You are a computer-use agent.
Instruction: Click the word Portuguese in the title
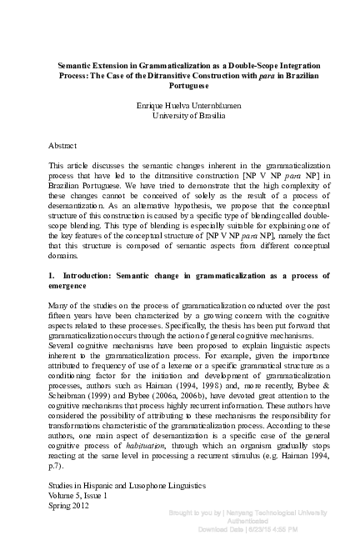(181, 86)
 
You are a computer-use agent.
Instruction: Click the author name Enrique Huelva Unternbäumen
(180, 106)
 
